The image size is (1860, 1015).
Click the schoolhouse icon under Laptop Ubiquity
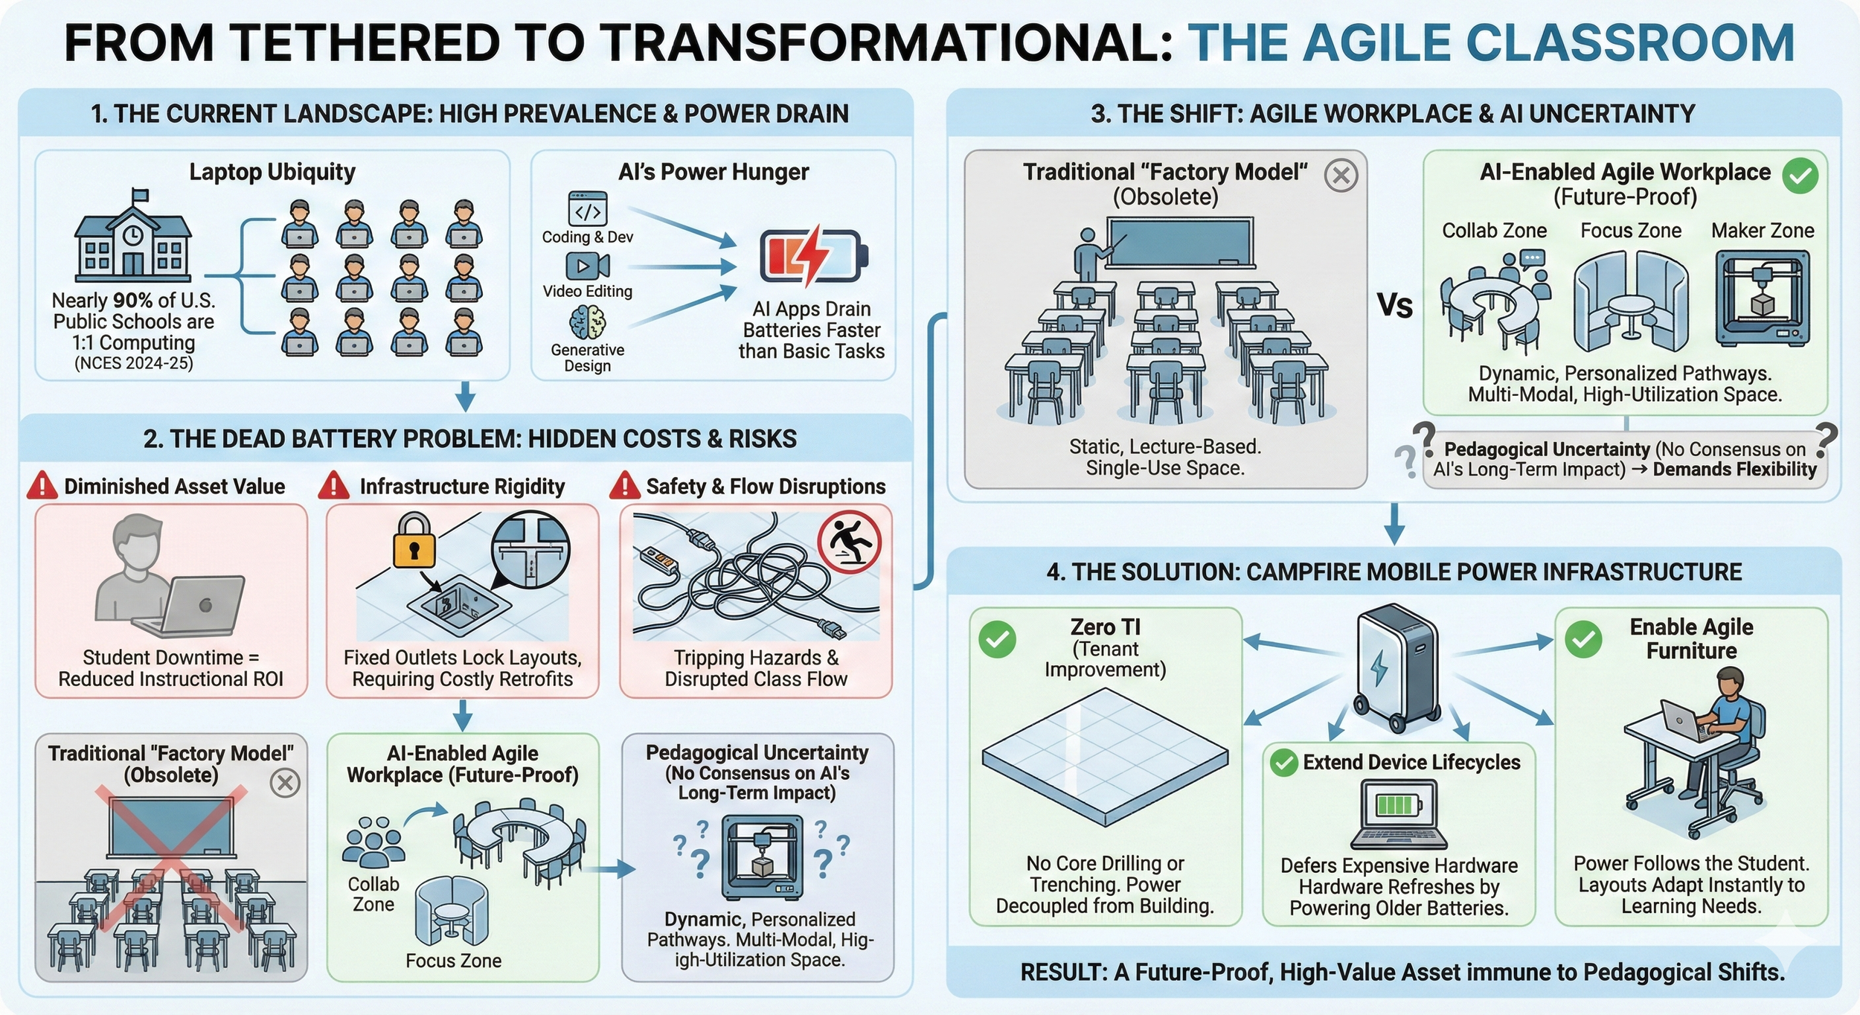[132, 237]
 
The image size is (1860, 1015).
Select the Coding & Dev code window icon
[587, 209]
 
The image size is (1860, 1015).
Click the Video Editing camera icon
[587, 266]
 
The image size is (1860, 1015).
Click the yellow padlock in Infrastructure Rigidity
[414, 540]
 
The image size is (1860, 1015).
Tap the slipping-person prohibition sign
[849, 542]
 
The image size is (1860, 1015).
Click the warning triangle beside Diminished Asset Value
[42, 486]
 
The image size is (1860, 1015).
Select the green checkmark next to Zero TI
[997, 639]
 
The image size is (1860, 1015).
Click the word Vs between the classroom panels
[1394, 306]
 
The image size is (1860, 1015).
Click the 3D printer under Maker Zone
[1761, 298]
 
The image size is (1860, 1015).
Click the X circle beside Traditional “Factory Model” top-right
[1341, 176]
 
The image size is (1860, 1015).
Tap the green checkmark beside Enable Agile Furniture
[1583, 639]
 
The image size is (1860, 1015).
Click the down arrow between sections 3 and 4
[1394, 524]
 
